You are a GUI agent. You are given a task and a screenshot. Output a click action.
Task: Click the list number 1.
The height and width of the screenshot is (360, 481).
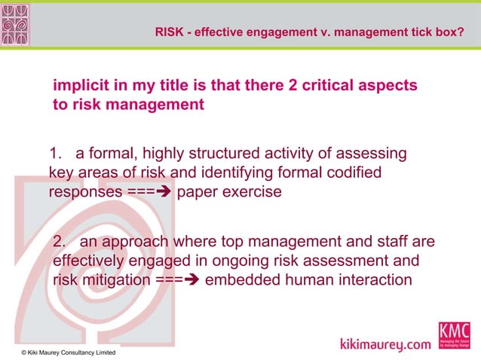(x=54, y=154)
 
